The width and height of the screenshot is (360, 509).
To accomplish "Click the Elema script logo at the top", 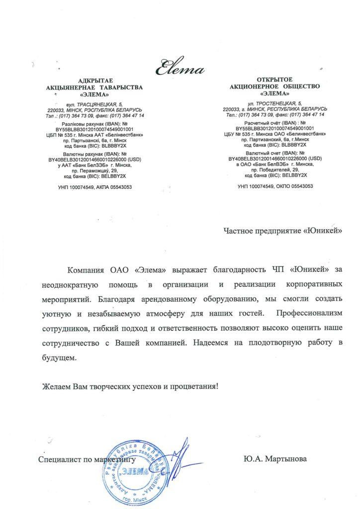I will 180,66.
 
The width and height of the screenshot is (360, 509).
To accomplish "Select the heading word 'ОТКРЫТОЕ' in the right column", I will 275,80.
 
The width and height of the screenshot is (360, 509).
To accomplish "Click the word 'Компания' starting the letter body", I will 88,270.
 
